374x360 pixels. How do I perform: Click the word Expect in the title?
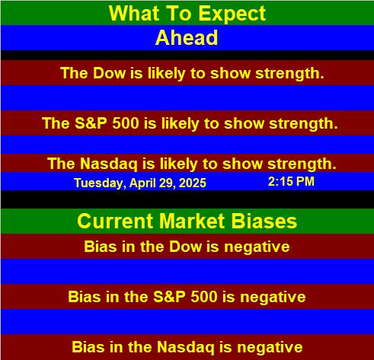[232, 14]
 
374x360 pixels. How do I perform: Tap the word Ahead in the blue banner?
[187, 37]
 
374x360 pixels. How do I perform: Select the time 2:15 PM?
[291, 181]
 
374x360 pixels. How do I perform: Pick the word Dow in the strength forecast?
[110, 73]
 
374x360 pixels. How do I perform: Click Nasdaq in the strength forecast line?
[109, 164]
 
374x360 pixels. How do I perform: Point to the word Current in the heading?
[115, 221]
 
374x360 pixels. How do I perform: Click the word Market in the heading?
[192, 221]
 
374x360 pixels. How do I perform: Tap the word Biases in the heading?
[264, 221]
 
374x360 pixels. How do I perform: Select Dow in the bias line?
[186, 247]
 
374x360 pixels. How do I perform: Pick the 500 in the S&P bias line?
[204, 297]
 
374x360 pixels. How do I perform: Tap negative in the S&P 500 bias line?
[273, 297]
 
